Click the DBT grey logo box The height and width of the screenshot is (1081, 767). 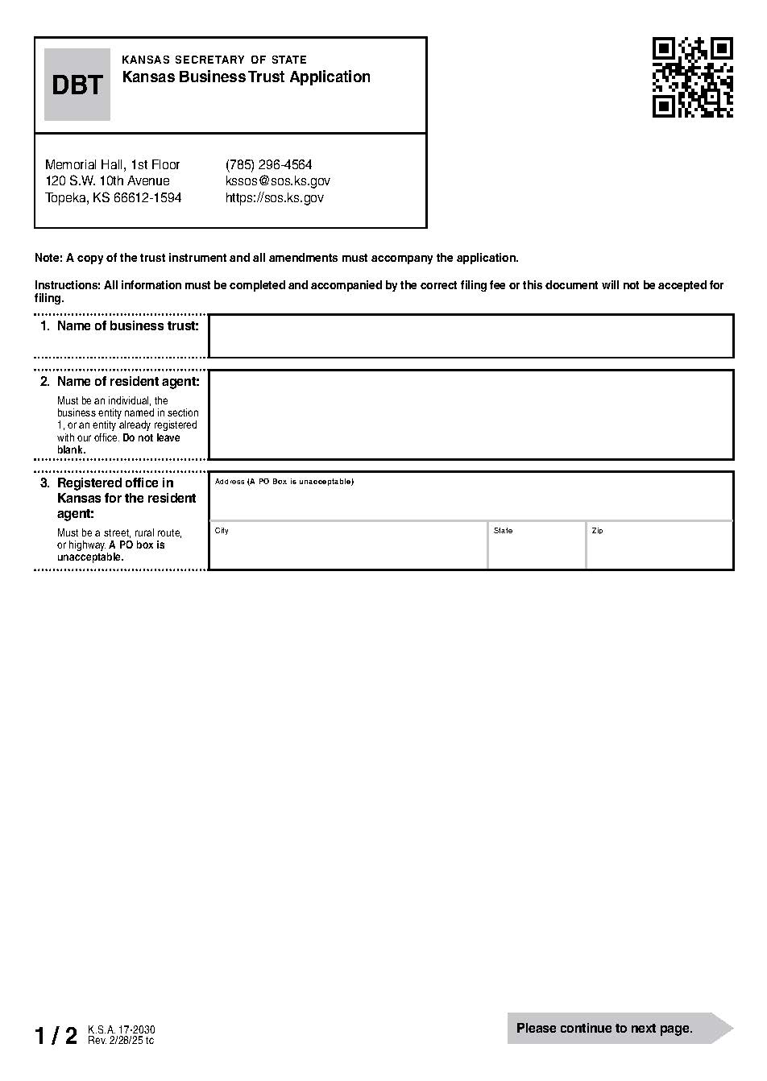click(x=77, y=85)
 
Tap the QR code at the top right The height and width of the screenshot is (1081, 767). click(x=692, y=77)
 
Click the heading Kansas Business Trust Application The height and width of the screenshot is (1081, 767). click(x=246, y=77)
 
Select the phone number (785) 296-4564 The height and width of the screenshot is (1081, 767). click(x=268, y=164)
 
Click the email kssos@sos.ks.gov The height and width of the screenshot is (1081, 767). click(x=277, y=181)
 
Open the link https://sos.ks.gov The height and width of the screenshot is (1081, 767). click(x=274, y=198)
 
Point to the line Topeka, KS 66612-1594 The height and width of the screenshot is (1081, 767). click(x=113, y=198)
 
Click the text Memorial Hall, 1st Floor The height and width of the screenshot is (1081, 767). click(x=112, y=164)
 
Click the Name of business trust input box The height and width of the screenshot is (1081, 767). click(x=471, y=336)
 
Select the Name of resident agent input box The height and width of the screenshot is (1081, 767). click(x=471, y=415)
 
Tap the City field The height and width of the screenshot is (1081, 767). click(x=347, y=549)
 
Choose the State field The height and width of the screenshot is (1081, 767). click(x=536, y=549)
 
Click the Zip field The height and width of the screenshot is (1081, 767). click(x=659, y=549)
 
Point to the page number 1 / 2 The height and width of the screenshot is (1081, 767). click(x=56, y=1036)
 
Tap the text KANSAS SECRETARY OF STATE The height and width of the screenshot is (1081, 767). click(x=214, y=60)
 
